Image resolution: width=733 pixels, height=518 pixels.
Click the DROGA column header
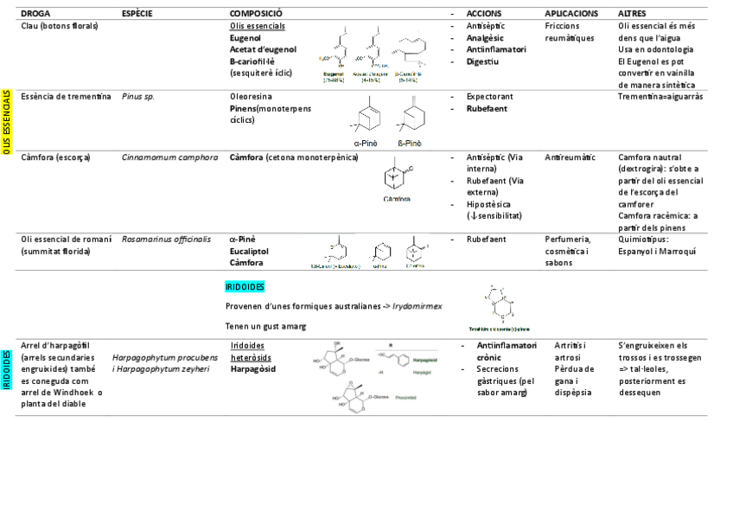click(35, 14)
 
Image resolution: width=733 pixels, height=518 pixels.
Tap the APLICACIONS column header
click(571, 14)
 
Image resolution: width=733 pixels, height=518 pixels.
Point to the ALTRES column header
click(634, 14)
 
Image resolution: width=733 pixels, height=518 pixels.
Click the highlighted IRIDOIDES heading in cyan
click(245, 286)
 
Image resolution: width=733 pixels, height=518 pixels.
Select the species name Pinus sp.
click(138, 97)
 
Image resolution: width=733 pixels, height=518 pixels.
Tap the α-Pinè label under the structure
click(364, 144)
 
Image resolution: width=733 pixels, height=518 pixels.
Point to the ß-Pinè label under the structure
click(409, 144)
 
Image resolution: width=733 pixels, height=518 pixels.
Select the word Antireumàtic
click(570, 157)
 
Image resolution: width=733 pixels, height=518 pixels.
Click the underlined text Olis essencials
click(256, 26)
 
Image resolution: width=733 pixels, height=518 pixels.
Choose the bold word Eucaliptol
click(249, 251)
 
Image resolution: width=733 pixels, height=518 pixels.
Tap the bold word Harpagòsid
click(254, 368)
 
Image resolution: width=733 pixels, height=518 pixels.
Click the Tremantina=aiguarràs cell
click(660, 97)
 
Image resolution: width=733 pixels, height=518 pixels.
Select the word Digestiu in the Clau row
click(482, 61)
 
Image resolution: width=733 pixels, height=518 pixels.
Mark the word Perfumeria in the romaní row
click(567, 239)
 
